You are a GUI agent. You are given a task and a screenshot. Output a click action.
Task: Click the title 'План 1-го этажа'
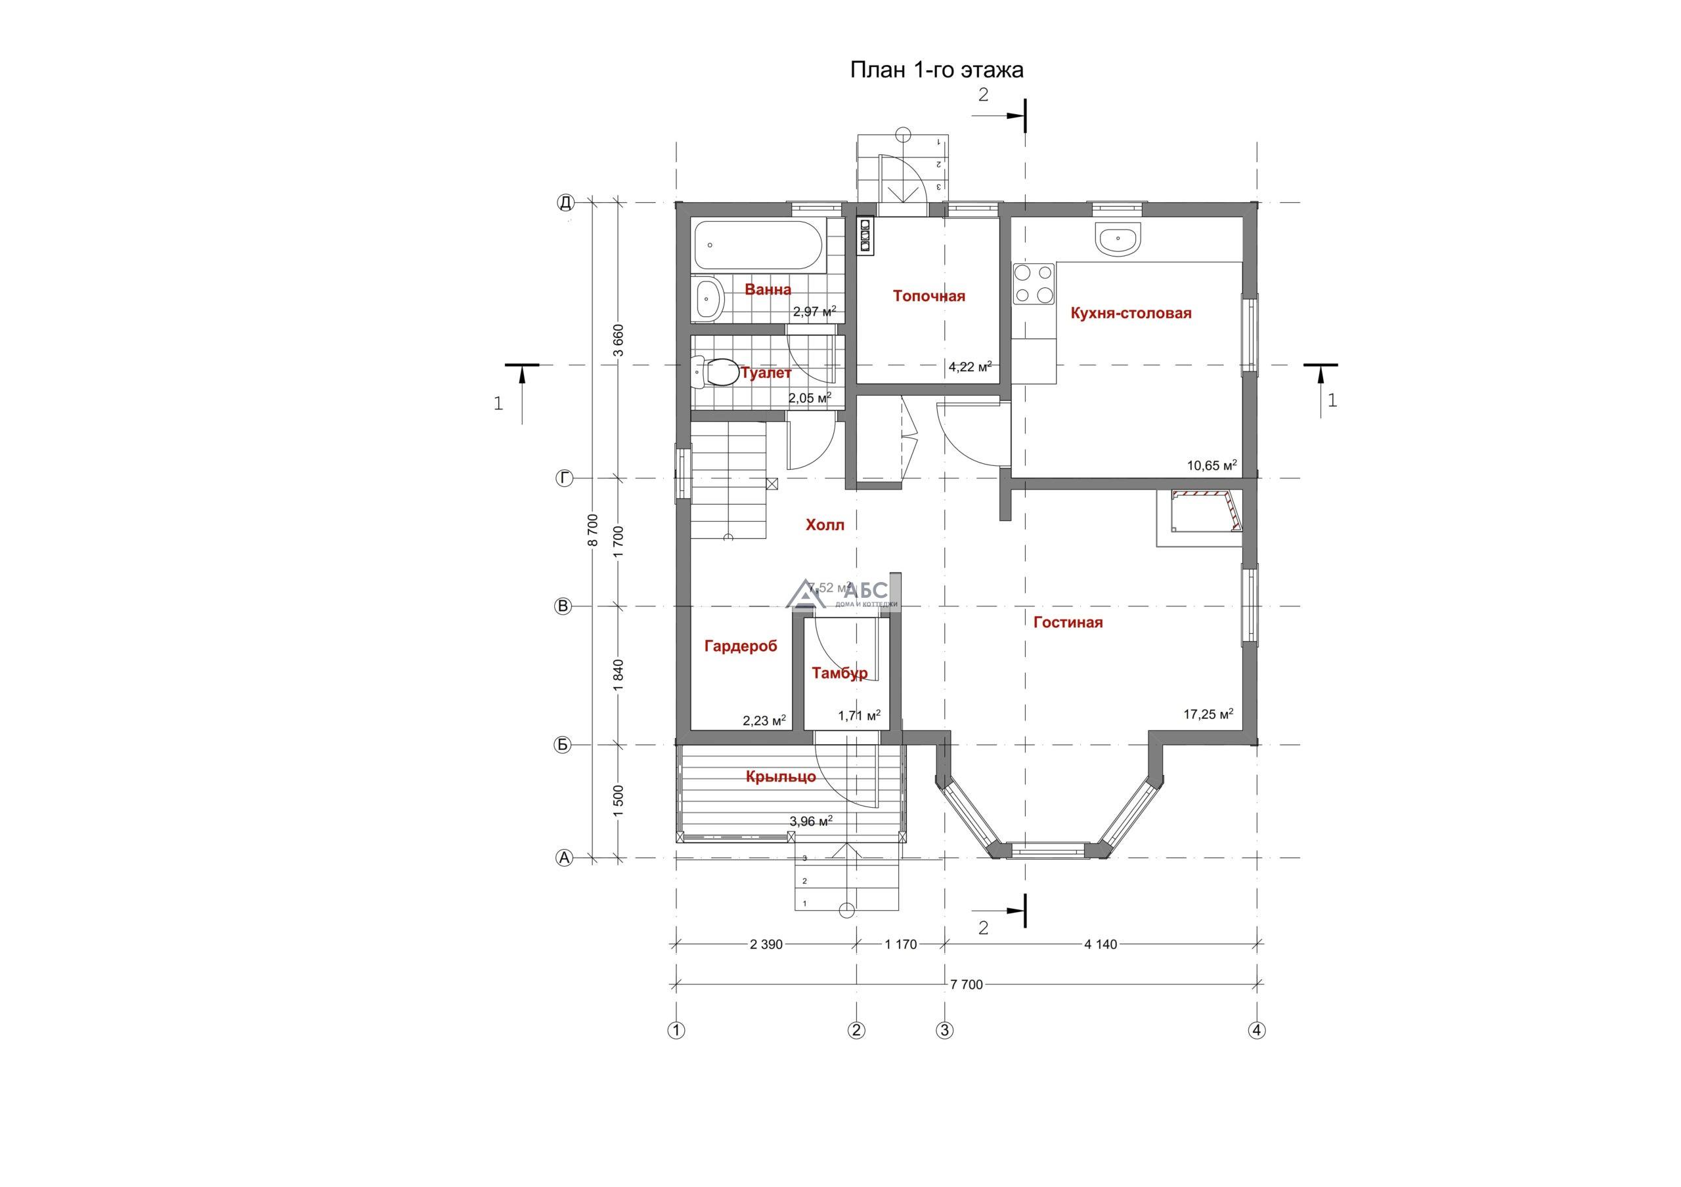[x=936, y=70]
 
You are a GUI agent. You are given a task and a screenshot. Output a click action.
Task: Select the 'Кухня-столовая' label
[x=1131, y=313]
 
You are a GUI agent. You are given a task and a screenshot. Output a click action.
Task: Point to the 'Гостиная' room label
[x=1068, y=623]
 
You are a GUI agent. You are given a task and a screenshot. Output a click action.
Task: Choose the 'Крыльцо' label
[x=781, y=777]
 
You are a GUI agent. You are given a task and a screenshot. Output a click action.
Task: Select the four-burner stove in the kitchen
[x=1034, y=284]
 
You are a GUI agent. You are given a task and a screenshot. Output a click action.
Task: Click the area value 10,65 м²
[x=1212, y=465]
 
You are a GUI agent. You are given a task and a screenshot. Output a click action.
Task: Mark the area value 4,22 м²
[x=970, y=367]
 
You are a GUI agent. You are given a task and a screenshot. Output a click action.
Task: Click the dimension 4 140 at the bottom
[x=1101, y=944]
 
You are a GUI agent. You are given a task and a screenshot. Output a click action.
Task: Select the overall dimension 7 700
[x=967, y=984]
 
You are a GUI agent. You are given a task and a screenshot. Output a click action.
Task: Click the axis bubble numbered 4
[x=1257, y=1030]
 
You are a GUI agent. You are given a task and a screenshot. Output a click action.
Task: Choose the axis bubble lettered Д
[x=565, y=202]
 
